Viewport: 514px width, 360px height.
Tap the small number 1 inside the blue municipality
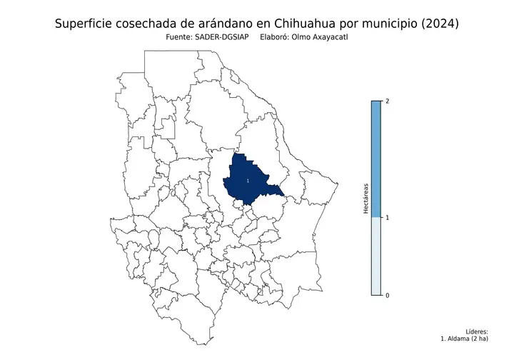point(247,181)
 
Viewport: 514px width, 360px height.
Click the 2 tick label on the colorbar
point(387,101)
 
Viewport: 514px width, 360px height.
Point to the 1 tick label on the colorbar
point(387,218)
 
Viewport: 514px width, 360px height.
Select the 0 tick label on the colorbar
point(387,296)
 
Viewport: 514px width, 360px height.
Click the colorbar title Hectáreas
point(366,198)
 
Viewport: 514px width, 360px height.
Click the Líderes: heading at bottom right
point(477,332)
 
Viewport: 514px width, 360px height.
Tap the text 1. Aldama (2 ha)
point(465,339)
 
